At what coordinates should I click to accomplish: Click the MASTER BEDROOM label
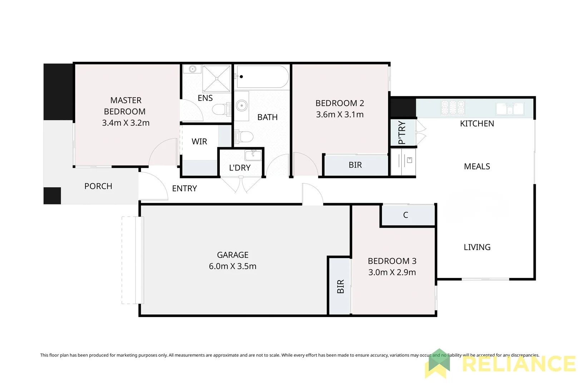tap(125, 106)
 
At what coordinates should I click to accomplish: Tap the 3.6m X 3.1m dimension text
tap(340, 114)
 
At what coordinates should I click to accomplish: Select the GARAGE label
tap(233, 255)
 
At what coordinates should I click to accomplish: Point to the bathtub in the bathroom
tap(263, 76)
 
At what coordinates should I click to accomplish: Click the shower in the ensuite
tap(217, 78)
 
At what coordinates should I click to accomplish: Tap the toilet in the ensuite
tap(219, 109)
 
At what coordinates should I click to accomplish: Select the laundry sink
tap(253, 155)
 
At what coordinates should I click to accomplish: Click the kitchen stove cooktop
tap(453, 108)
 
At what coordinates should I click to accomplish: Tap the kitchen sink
tap(510, 108)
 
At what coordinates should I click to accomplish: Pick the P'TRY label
tap(402, 133)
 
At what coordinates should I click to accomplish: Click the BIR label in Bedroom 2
tap(355, 165)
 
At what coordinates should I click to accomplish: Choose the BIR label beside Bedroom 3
tap(340, 287)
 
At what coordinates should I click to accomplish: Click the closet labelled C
tap(406, 215)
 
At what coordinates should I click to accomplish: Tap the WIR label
tap(199, 142)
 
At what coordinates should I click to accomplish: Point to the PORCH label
tap(98, 186)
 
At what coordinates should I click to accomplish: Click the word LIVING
tap(477, 247)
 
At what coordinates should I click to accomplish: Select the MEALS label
tap(477, 167)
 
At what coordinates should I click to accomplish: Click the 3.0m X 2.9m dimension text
tap(392, 272)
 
